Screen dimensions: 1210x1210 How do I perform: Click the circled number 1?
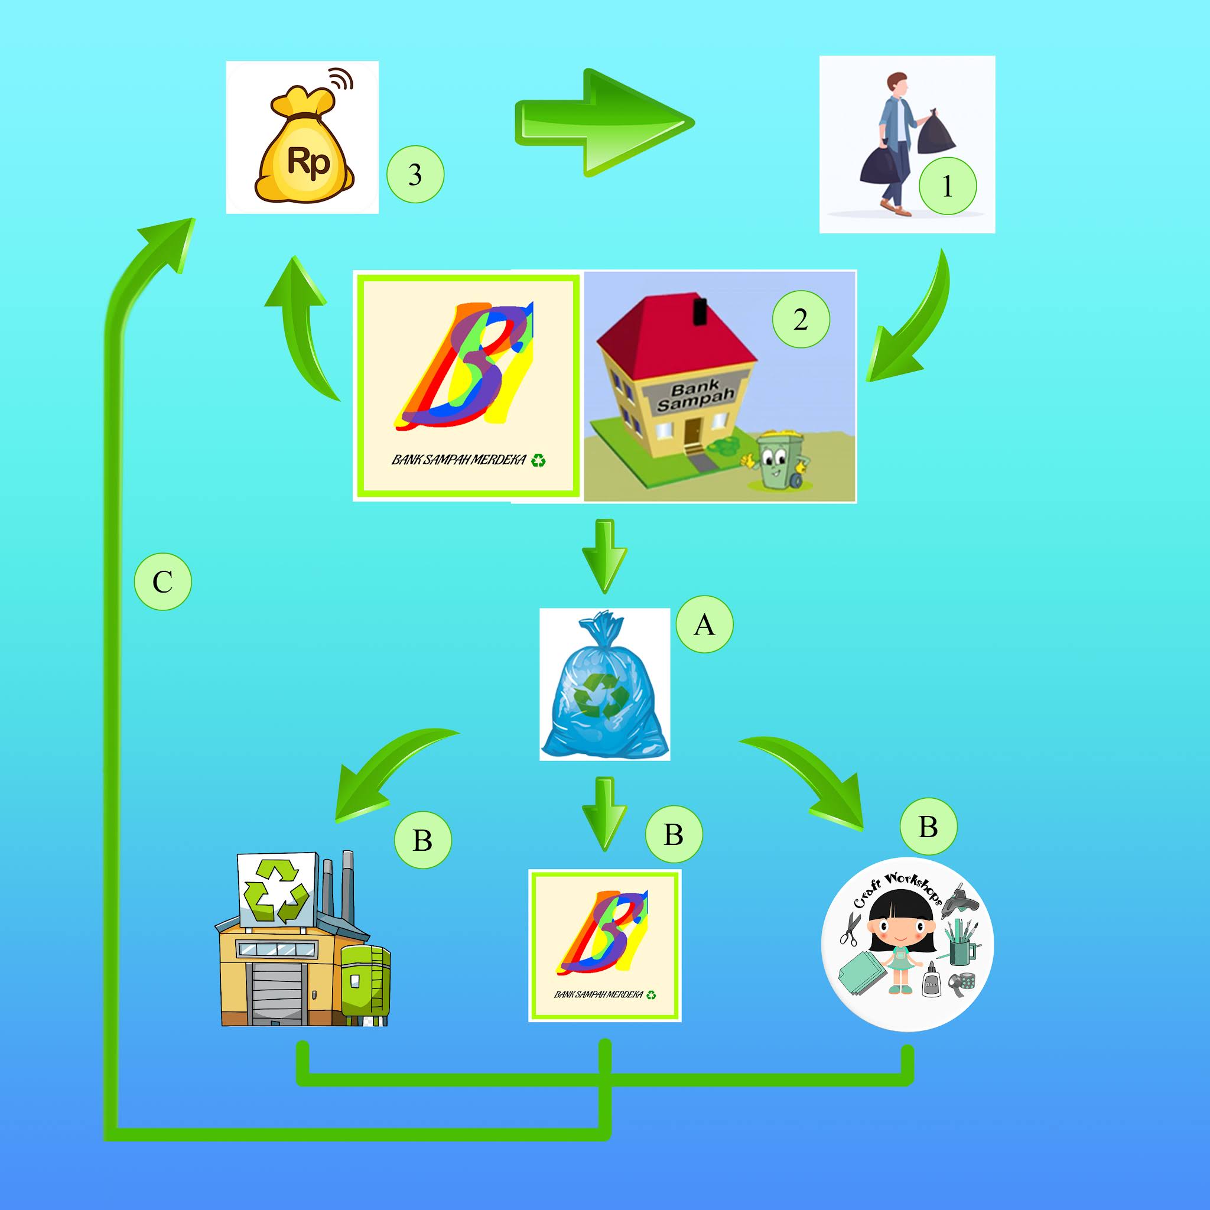tap(947, 186)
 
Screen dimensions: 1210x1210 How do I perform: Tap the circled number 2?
tap(801, 320)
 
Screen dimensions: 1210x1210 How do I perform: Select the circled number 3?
tap(415, 174)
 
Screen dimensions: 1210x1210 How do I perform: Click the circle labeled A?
tap(704, 624)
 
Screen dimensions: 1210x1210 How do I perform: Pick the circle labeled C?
tap(163, 582)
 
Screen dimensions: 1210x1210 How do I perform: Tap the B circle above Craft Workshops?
tap(928, 826)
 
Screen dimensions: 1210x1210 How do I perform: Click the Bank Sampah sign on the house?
tap(695, 396)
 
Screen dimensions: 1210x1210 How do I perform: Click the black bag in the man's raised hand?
tap(937, 134)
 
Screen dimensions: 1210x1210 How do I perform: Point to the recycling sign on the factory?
tap(275, 890)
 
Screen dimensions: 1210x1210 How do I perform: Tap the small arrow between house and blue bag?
tap(604, 554)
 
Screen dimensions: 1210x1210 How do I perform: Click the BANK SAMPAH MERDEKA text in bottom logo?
tap(599, 994)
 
